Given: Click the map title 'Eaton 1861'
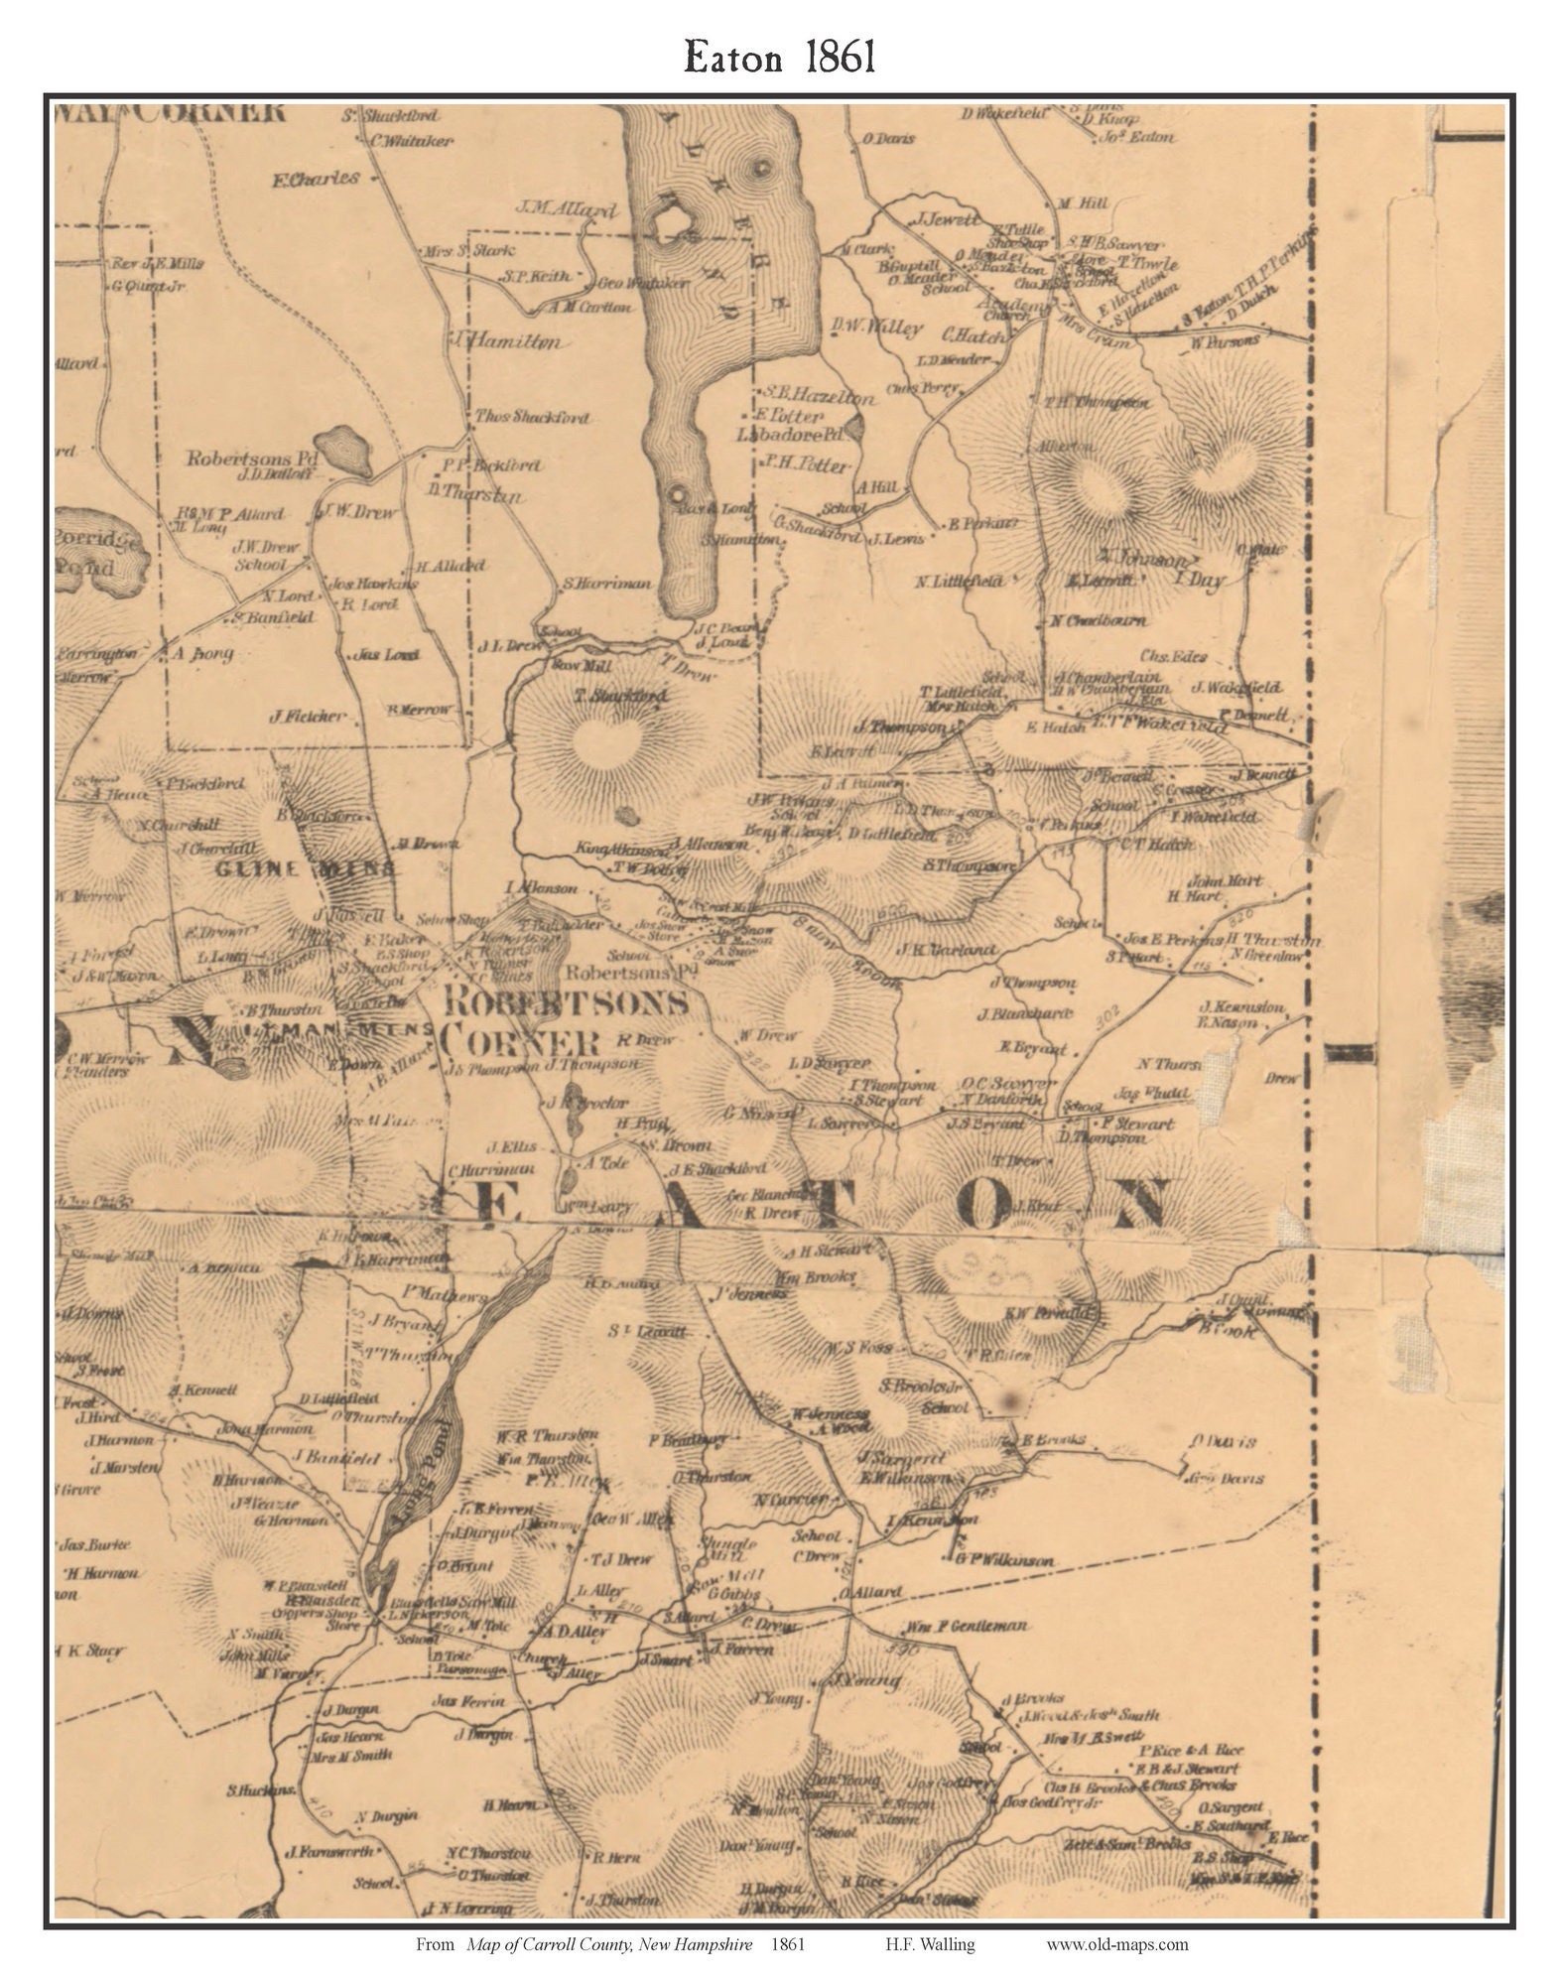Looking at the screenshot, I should (779, 59).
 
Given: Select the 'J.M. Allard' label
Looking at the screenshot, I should (567, 210).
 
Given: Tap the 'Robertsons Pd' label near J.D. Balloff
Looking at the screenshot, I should (252, 460).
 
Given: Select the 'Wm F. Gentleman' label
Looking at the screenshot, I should (964, 1627).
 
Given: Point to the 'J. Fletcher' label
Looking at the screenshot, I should (307, 716).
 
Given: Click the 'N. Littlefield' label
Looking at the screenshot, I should (960, 581).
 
